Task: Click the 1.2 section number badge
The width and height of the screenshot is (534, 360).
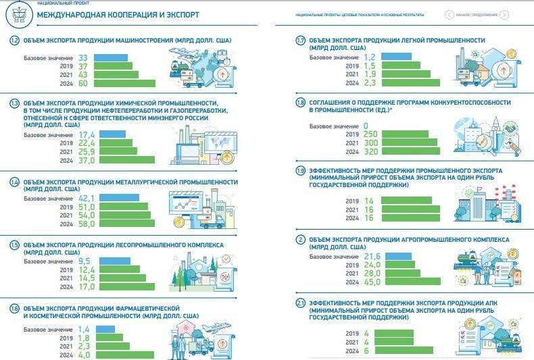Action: pyautogui.click(x=14, y=41)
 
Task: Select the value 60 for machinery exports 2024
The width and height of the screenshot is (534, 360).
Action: pyautogui.click(x=84, y=84)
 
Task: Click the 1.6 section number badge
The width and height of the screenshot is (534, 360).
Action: pyautogui.click(x=14, y=309)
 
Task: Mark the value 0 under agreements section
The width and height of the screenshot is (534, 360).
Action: pyautogui.click(x=365, y=126)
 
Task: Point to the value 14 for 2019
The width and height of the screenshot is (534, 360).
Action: pyautogui.click(x=368, y=201)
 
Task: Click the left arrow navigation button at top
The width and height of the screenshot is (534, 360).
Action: pyautogui.click(x=449, y=14)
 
